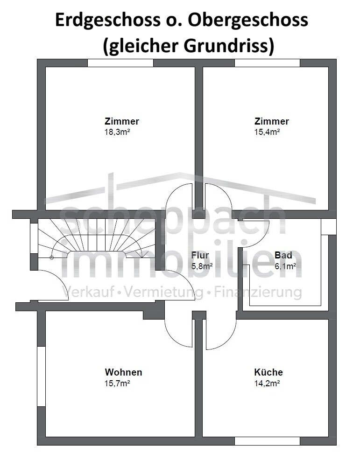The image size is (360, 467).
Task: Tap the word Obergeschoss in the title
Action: tap(248, 21)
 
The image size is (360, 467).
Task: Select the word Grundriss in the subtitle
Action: tap(229, 46)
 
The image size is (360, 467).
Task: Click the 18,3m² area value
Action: tap(117, 132)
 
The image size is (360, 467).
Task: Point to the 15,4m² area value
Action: tap(267, 132)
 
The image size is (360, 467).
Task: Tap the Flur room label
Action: tap(200, 255)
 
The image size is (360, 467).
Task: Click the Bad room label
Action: tap(283, 255)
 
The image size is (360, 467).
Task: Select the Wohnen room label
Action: tap(123, 372)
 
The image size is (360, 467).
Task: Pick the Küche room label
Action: tap(268, 372)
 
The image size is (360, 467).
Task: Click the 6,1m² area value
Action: tap(285, 266)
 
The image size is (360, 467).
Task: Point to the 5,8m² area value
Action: tap(202, 266)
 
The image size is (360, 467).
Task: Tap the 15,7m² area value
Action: tap(117, 383)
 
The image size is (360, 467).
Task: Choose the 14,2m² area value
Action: tap(267, 383)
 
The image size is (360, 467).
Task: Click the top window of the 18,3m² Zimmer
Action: tap(120, 63)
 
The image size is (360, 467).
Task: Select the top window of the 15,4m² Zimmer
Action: tap(268, 63)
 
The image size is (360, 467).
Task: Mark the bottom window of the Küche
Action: tap(268, 441)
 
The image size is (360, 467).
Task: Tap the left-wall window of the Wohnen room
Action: tap(41, 376)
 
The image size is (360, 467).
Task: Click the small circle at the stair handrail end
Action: tap(51, 258)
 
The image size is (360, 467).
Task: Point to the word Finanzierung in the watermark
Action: tap(258, 292)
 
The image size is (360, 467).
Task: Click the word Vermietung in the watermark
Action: tap(163, 292)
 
